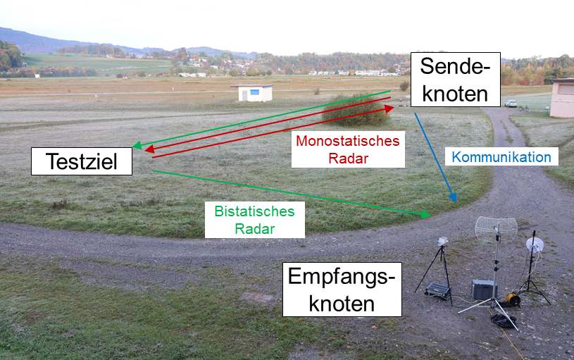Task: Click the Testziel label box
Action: coord(82,161)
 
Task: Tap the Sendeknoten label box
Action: coord(455,79)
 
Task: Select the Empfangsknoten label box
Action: coord(342,289)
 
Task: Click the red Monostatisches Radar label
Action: coord(348,149)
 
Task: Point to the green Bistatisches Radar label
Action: coord(254,219)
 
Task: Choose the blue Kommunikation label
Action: coord(501,156)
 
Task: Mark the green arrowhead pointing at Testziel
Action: coord(137,146)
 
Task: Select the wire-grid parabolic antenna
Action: coord(496,229)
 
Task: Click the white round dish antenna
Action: coord(535,244)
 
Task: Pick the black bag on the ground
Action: coord(502,321)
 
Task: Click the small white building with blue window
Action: coord(252,92)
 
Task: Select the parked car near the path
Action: coord(511,104)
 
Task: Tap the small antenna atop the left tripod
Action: coord(442,241)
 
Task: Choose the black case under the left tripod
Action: coord(438,290)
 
